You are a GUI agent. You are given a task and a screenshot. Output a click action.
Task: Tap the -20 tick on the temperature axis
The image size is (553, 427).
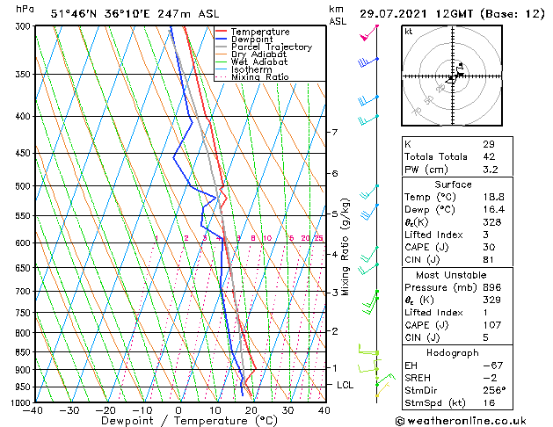[106, 410]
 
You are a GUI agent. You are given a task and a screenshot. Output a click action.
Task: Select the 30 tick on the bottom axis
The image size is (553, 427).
[287, 410]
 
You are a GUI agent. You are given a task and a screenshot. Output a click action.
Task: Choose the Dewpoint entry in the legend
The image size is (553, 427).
[254, 40]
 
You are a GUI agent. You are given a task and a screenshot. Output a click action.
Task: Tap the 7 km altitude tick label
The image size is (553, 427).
[334, 133]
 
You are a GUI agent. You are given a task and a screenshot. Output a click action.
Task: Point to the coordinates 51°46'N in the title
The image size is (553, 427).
[73, 13]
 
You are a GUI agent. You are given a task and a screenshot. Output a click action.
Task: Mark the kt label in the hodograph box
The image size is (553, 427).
[408, 31]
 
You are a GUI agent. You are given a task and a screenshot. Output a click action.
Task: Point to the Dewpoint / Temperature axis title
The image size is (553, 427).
[178, 422]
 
